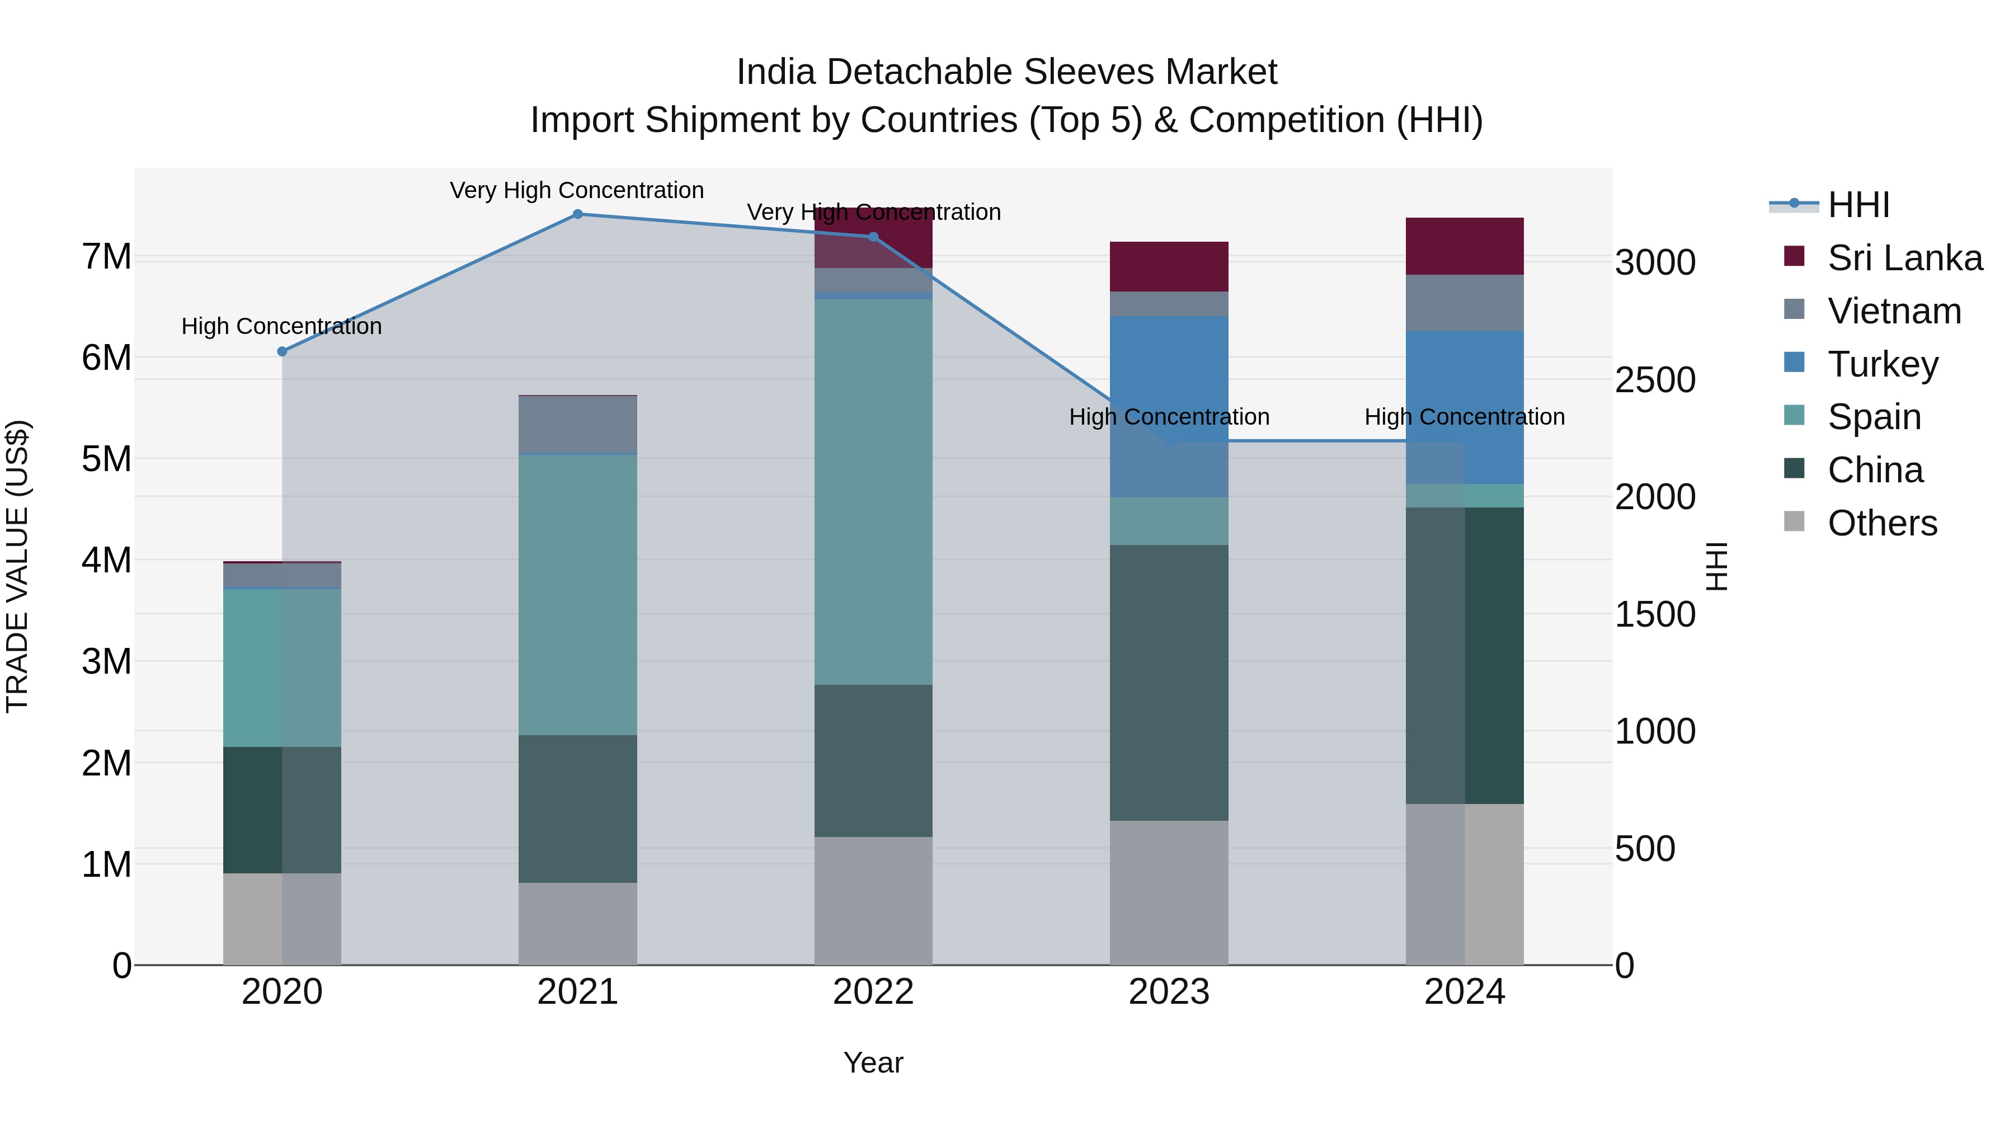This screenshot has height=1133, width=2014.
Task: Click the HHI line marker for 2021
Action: click(x=578, y=214)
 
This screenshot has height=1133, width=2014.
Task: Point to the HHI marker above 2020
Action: click(x=283, y=352)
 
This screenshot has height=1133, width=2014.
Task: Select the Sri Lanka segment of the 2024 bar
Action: click(x=1465, y=246)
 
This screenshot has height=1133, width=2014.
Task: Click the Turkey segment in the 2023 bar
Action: click(x=1169, y=407)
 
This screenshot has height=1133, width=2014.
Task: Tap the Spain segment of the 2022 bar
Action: click(x=873, y=492)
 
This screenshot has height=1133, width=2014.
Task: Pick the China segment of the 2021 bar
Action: click(x=578, y=809)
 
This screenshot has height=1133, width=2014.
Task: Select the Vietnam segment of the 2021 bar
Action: click(x=578, y=425)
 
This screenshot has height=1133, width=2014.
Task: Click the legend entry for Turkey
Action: click(x=1883, y=364)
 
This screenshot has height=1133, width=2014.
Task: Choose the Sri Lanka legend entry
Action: click(x=1904, y=258)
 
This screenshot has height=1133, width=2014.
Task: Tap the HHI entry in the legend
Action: click(x=1857, y=205)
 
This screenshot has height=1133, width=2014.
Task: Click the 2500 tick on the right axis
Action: click(x=1654, y=380)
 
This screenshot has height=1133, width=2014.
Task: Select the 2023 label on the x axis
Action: click(x=1169, y=992)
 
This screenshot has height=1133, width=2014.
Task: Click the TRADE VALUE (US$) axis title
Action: click(x=17, y=566)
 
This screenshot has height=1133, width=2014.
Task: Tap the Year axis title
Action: click(x=873, y=1063)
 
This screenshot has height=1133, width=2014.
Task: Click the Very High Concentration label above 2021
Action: click(x=577, y=190)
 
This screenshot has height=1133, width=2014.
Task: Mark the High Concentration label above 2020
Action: click(x=281, y=326)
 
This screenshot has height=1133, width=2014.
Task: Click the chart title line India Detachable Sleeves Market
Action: click(x=1006, y=72)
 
